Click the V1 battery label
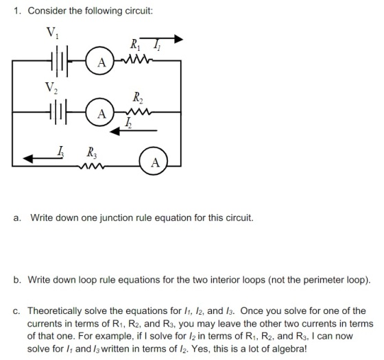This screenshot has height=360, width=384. pos(52,33)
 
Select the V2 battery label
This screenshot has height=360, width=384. pos(51,88)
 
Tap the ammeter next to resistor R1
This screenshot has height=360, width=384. pos(100,60)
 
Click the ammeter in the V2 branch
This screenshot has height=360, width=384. pos(100,112)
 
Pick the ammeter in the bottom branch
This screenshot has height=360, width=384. pos(154,161)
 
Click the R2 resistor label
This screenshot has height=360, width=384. pos(138,97)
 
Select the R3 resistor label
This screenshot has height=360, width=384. pos(92,152)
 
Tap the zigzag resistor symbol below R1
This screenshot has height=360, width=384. pos(136,59)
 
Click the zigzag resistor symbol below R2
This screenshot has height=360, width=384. pos(138,112)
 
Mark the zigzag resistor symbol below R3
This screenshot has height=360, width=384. pos(92,167)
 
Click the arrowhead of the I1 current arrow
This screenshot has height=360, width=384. pos(178,38)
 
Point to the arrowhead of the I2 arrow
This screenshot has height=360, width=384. pos(115,131)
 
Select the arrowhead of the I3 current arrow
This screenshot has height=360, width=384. pos(28,158)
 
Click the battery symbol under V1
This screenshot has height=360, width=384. pos(60,61)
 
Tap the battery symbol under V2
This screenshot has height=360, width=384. pos(58,112)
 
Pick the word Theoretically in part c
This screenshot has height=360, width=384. pos(55,311)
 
